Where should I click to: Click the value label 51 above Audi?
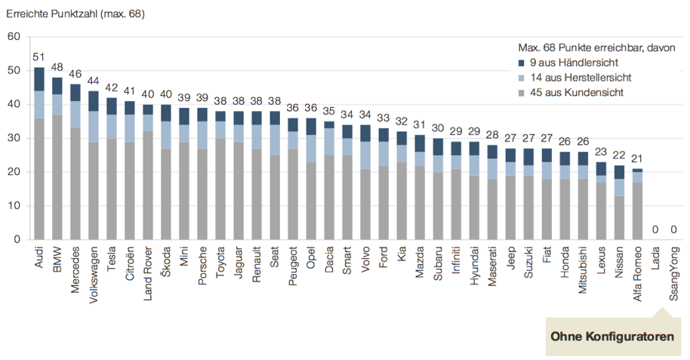pos(39,57)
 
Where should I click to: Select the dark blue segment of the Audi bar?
pos(39,79)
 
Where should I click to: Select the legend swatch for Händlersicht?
pos(522,63)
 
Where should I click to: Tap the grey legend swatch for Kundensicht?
pos(522,93)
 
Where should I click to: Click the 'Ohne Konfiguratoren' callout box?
pos(612,336)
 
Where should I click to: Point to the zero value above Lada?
pos(656,230)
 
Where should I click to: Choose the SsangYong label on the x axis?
pos(674,273)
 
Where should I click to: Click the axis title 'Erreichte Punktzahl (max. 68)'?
pos(75,14)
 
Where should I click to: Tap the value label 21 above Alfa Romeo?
pos(638,159)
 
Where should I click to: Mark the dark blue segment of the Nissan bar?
pos(620,172)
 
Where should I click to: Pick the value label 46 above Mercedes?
pos(75,74)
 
